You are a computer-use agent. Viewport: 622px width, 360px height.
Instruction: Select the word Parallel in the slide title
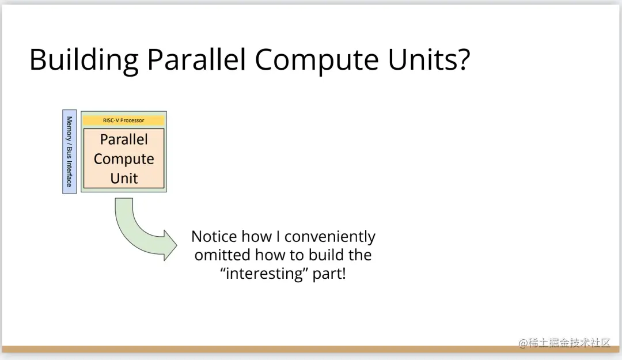click(x=196, y=59)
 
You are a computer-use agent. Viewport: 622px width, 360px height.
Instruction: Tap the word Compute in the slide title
click(x=317, y=60)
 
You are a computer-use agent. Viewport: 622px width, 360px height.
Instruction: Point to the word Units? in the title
click(x=429, y=59)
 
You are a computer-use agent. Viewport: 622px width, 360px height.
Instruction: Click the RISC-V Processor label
click(x=123, y=120)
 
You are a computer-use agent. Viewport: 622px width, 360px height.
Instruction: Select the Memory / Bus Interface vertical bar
click(x=70, y=151)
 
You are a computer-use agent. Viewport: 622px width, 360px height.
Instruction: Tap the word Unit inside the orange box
click(x=124, y=178)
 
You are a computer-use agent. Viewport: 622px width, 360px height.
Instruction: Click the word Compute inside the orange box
click(x=124, y=159)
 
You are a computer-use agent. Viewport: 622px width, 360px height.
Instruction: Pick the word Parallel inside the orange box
click(x=124, y=139)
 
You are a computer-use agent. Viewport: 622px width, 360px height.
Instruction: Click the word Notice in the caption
click(x=214, y=236)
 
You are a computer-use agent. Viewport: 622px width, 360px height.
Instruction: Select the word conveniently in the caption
click(x=329, y=237)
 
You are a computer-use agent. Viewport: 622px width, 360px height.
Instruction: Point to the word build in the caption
click(x=323, y=255)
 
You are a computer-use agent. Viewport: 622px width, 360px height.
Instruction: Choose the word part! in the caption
click(x=329, y=274)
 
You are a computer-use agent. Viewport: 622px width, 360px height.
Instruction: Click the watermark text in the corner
click(x=564, y=343)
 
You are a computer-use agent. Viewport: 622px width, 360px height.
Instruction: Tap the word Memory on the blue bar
click(x=70, y=128)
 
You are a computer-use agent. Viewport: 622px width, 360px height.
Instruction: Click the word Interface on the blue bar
click(x=70, y=173)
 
